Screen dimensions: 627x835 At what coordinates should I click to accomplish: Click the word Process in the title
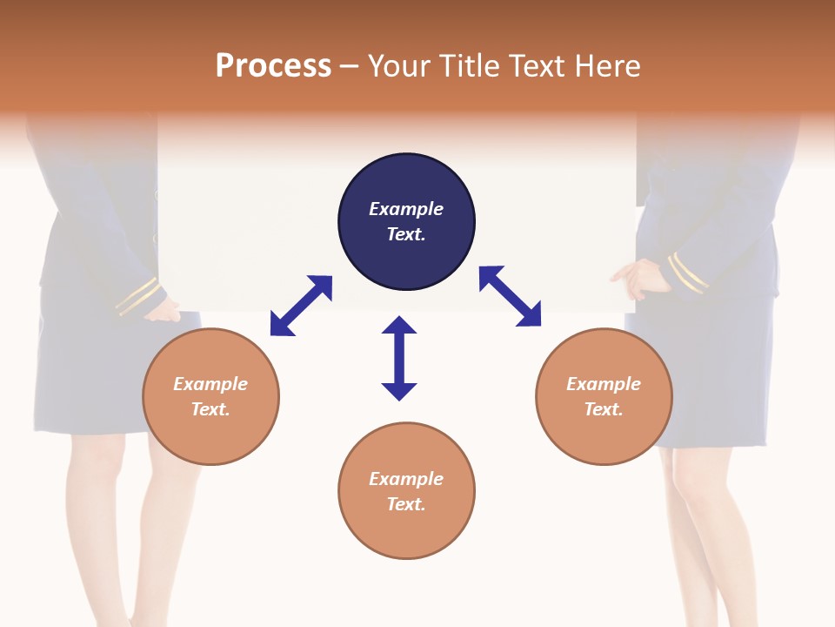point(273,66)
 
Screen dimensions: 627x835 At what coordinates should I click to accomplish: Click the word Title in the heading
point(470,66)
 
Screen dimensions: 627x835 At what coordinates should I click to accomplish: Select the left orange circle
point(210,435)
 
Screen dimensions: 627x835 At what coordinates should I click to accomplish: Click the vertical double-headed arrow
point(399,358)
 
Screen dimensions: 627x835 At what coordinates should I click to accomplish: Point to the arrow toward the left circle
point(301,305)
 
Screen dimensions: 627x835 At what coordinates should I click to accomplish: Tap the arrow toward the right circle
point(511,296)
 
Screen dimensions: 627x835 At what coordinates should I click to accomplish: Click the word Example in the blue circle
point(406,209)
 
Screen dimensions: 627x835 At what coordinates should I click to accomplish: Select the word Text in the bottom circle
point(405,504)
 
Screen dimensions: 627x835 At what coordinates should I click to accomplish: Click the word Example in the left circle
point(210,384)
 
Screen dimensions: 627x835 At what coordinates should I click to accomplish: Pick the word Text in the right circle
point(603,409)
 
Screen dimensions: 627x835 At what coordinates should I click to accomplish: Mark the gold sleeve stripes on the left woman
point(137,296)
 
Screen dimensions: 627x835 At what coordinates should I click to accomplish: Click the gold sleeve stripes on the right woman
point(688,273)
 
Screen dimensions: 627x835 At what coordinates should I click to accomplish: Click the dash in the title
point(349,66)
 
